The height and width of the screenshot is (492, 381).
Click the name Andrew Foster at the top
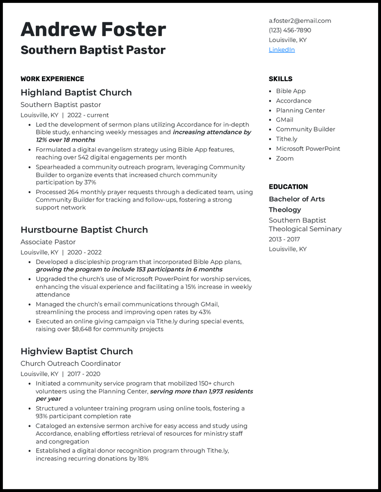click(93, 30)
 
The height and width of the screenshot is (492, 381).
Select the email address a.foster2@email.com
click(300, 20)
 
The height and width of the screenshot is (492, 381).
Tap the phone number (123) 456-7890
click(290, 30)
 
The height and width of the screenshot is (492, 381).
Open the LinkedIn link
click(281, 50)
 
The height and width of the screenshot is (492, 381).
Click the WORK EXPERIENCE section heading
click(52, 79)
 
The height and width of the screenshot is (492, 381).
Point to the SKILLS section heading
click(280, 79)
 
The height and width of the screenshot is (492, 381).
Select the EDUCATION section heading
click(288, 186)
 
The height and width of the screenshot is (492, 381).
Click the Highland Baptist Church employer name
click(76, 92)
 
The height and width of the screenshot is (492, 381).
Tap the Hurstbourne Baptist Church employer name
click(84, 230)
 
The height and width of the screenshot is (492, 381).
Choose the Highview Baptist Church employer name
click(76, 351)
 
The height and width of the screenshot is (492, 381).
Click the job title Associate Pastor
click(48, 242)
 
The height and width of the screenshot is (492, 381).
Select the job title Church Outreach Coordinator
click(70, 363)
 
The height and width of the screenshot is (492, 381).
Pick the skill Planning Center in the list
click(300, 110)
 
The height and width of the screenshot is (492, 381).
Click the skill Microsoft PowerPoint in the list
click(308, 148)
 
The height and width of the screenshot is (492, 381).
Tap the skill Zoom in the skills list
click(284, 158)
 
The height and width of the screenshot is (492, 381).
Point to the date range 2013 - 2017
click(284, 239)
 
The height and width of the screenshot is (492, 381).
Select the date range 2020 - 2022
click(84, 252)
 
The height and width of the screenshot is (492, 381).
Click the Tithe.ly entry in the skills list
click(286, 139)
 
